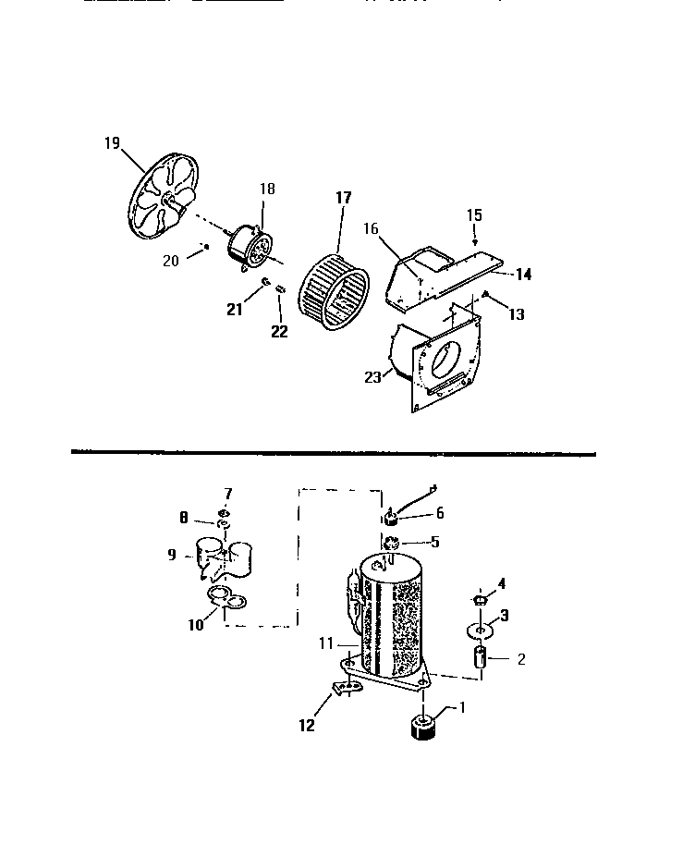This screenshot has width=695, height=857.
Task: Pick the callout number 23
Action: (x=372, y=375)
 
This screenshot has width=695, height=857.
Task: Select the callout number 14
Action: (x=523, y=274)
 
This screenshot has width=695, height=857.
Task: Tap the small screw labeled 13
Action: (x=484, y=297)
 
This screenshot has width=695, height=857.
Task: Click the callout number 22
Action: (x=279, y=330)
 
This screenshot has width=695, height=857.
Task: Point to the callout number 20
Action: (x=170, y=261)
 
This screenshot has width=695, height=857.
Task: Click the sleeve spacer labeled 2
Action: (x=480, y=659)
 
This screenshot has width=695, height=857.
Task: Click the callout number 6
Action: (x=440, y=512)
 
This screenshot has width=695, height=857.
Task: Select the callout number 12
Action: (x=306, y=726)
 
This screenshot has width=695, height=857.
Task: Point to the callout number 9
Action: (x=172, y=556)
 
